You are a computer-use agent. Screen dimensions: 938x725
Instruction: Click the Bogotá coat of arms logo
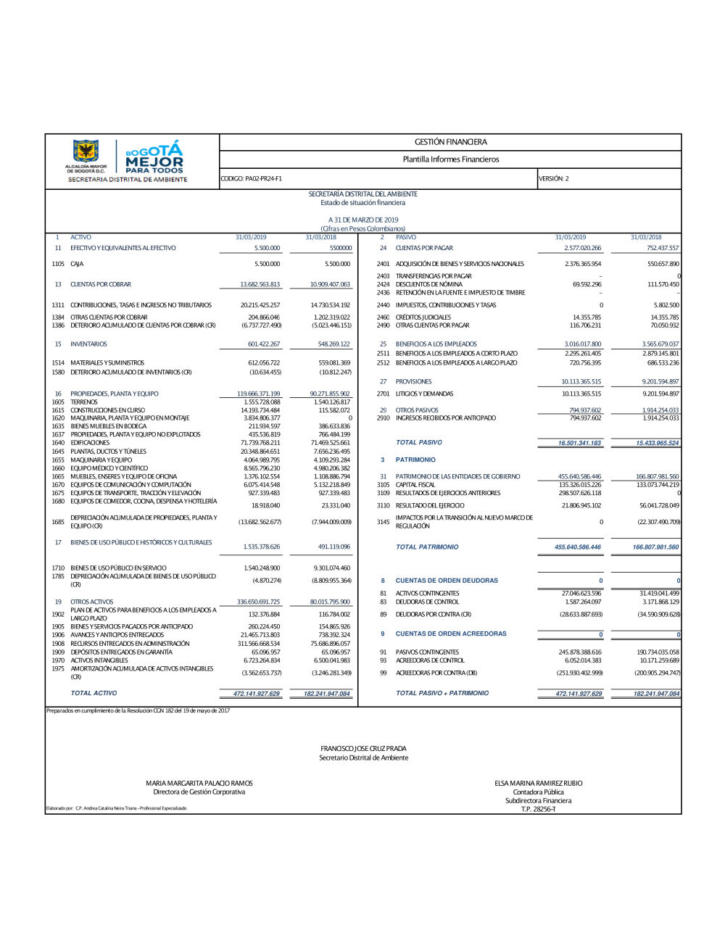click(x=86, y=152)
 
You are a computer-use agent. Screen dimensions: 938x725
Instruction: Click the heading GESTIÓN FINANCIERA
click(x=450, y=142)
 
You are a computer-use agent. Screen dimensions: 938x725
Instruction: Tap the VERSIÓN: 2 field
click(x=553, y=178)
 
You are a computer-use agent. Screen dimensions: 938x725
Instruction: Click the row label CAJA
click(x=77, y=264)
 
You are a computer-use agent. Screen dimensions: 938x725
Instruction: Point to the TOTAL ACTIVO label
click(x=94, y=693)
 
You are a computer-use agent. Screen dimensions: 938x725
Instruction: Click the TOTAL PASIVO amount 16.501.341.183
click(x=579, y=443)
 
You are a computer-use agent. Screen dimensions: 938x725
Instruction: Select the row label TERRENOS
click(x=84, y=402)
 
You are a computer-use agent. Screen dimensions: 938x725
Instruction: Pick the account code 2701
click(x=383, y=394)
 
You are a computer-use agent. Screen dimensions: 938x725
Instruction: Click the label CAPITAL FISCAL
click(x=415, y=484)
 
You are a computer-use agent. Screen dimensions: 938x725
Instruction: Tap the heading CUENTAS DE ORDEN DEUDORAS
click(x=447, y=581)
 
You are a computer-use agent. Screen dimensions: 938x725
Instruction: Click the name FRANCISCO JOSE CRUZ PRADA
click(x=363, y=748)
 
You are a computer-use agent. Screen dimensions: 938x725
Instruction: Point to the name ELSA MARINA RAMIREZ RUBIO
click(x=538, y=783)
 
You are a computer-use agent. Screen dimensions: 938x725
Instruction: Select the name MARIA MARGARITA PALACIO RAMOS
click(x=199, y=783)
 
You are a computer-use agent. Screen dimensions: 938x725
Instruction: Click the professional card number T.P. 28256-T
click(x=538, y=809)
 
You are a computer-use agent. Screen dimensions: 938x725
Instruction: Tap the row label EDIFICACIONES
click(x=90, y=443)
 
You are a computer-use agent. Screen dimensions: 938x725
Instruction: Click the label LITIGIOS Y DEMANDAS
click(x=424, y=394)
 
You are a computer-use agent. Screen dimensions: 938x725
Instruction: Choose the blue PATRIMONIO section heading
click(x=415, y=460)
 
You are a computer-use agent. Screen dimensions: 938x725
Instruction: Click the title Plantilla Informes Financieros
click(x=450, y=159)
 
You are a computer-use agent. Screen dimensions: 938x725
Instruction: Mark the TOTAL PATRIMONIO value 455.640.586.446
click(x=578, y=547)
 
